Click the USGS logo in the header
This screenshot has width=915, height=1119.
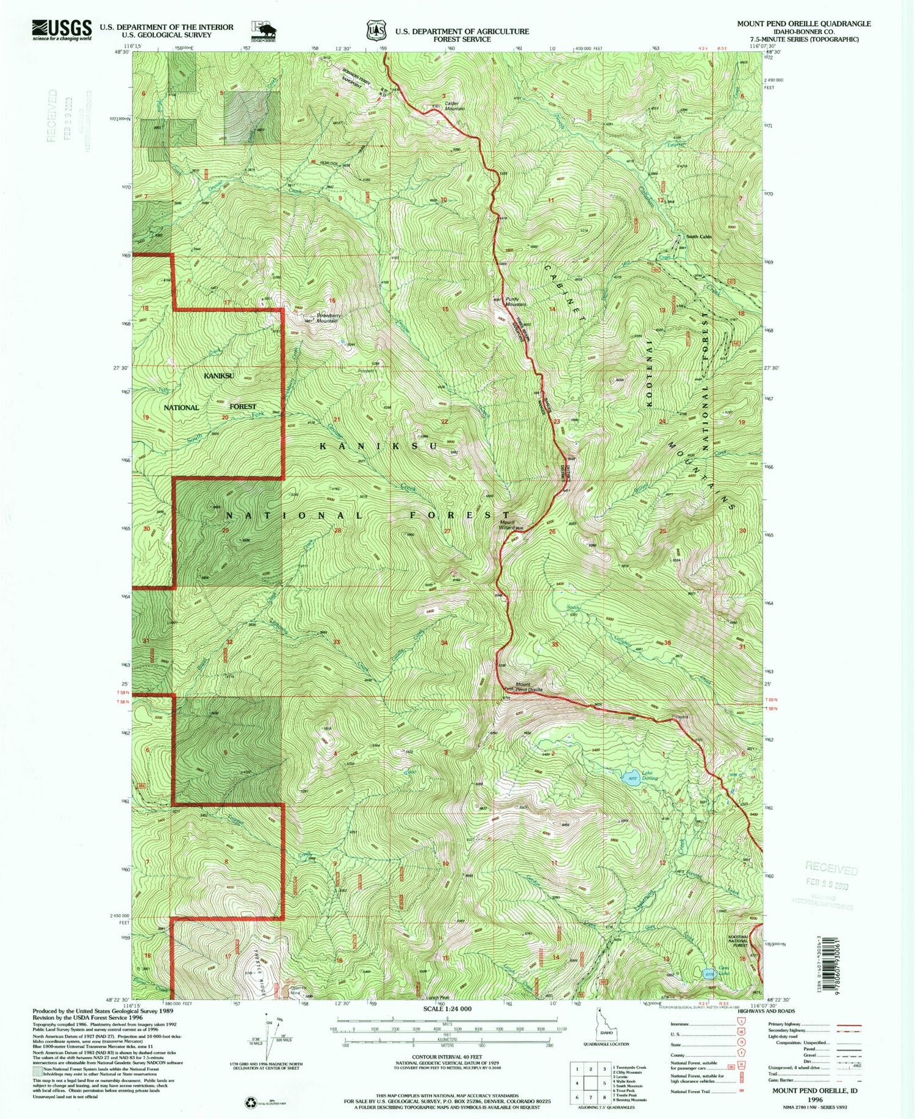click(62, 29)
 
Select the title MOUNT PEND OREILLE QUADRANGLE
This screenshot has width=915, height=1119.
click(803, 24)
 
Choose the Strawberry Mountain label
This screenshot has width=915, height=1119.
click(327, 318)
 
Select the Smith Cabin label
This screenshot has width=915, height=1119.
click(698, 237)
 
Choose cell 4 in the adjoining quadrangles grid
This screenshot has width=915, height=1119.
click(577, 1084)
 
